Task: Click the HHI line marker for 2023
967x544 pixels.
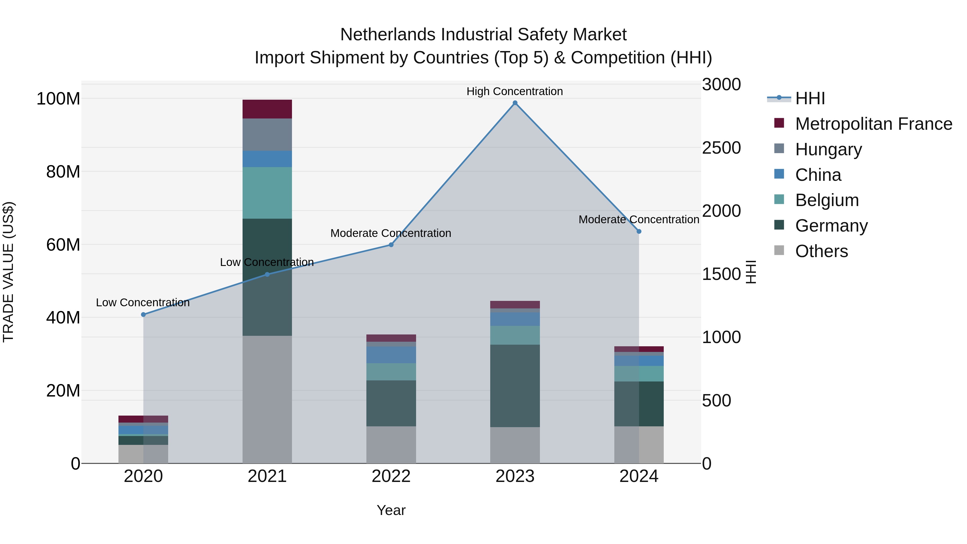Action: coord(515,103)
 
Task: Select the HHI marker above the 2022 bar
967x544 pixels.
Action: coord(391,245)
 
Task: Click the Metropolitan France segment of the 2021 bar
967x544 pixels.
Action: coord(267,109)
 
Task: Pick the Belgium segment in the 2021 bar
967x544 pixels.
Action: coord(267,193)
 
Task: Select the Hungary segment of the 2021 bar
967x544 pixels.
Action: coord(267,135)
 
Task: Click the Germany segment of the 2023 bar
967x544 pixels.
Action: coord(515,386)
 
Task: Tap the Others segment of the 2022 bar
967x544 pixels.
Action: coord(391,445)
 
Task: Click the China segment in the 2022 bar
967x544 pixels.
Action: coord(391,355)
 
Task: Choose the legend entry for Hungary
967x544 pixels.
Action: coord(828,149)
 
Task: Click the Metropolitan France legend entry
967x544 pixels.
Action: coord(873,124)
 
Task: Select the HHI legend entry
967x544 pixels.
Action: coord(809,98)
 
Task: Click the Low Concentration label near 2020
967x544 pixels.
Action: coord(143,302)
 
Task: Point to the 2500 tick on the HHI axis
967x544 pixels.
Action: coord(721,148)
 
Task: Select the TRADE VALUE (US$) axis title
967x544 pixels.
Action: coord(8,272)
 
